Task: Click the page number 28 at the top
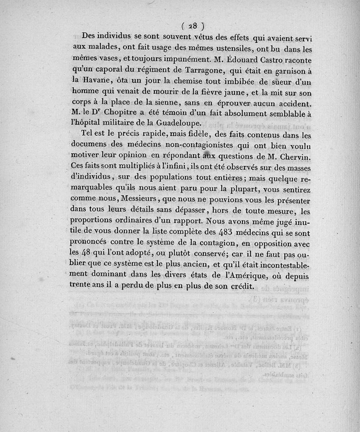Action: tap(193, 26)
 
